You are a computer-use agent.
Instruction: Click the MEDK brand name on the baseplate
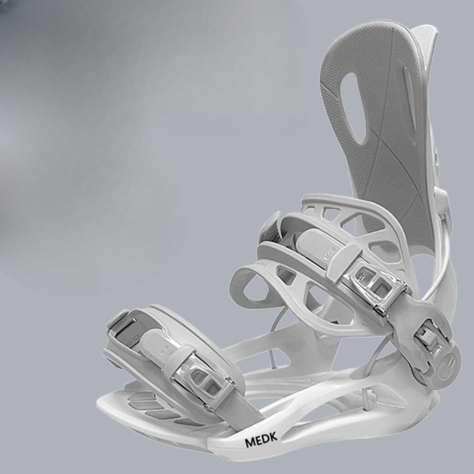tap(261, 441)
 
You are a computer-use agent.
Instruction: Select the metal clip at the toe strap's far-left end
tap(121, 327)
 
